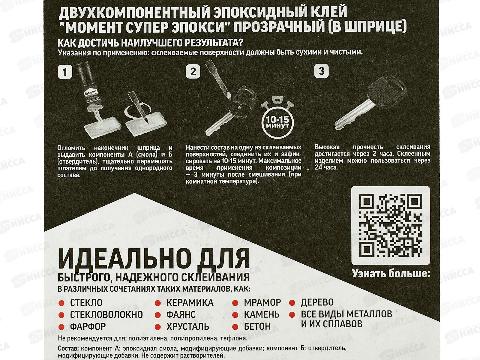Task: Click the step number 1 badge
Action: pos(65,72)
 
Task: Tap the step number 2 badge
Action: pos(193,71)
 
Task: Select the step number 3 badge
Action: pos(322,71)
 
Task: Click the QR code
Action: pos(391,225)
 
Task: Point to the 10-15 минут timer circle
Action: pos(277,123)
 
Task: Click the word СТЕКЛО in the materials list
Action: pos(86,303)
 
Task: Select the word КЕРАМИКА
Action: pos(190,303)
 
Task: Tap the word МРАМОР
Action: pos(262,302)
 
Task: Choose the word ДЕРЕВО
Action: pos(317,302)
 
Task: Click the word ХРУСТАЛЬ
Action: pos(188,326)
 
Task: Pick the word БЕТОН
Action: pos(257,326)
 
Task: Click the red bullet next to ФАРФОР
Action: pos(62,327)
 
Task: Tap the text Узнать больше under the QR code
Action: pos(391,273)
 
